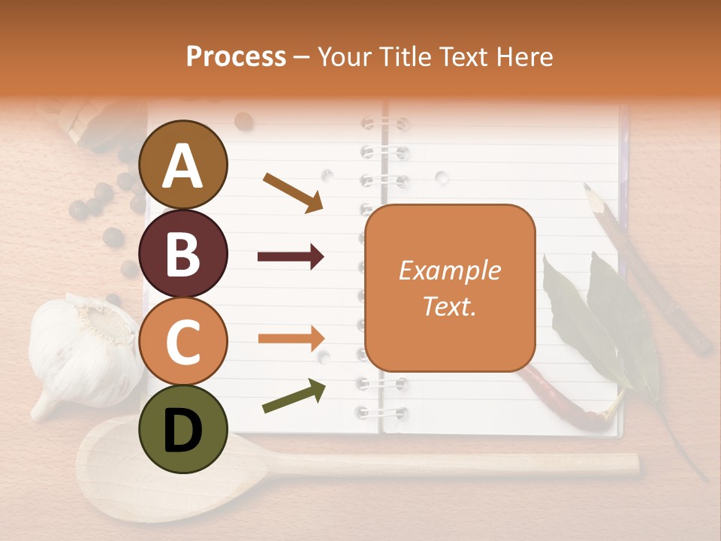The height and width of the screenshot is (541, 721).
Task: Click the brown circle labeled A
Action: [x=183, y=165]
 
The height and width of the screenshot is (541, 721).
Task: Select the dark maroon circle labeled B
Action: [x=183, y=253]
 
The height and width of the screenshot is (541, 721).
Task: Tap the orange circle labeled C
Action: [x=183, y=341]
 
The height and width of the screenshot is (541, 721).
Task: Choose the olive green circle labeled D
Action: [x=183, y=429]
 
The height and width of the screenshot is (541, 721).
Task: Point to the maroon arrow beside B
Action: [x=291, y=257]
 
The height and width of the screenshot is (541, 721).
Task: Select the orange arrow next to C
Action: [x=291, y=338]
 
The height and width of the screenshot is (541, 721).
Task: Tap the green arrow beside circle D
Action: [x=294, y=396]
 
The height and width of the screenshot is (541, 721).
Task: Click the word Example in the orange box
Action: [x=449, y=270]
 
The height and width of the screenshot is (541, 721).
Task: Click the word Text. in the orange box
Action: [x=449, y=306]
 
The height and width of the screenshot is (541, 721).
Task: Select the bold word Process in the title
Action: [x=236, y=56]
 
